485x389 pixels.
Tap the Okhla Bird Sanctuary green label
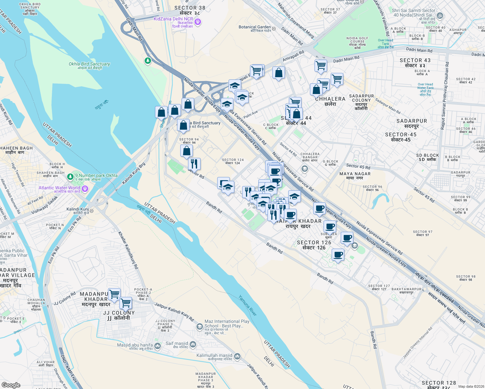pyautogui.click(x=89, y=64)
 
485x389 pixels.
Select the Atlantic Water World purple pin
pyautogui.click(x=85, y=189)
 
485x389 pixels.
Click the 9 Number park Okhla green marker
pyautogui.click(x=70, y=177)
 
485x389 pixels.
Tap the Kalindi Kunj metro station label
pyautogui.click(x=77, y=209)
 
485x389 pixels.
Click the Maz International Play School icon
pyautogui.click(x=200, y=326)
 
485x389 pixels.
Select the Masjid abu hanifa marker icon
pyautogui.click(x=158, y=346)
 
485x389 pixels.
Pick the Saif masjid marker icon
pyautogui.click(x=193, y=344)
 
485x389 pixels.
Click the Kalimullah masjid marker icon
pyautogui.click(x=237, y=356)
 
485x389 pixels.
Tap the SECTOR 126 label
pyautogui.click(x=314, y=245)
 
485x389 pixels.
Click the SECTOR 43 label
pyautogui.click(x=415, y=63)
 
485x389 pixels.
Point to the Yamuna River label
pyautogui.click(x=248, y=305)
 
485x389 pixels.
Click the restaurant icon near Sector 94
pyautogui.click(x=194, y=164)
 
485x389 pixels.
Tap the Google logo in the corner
pyautogui.click(x=11, y=385)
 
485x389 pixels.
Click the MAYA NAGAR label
pyautogui.click(x=355, y=176)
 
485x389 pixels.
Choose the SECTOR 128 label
pyautogui.click(x=439, y=385)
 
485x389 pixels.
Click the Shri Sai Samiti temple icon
pyautogui.click(x=440, y=15)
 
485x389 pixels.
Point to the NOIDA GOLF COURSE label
pyautogui.click(x=357, y=42)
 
